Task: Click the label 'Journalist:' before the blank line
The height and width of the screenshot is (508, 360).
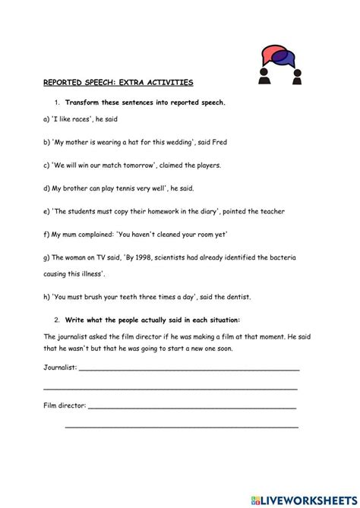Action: point(59,368)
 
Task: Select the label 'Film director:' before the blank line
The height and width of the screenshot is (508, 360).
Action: point(64,406)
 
